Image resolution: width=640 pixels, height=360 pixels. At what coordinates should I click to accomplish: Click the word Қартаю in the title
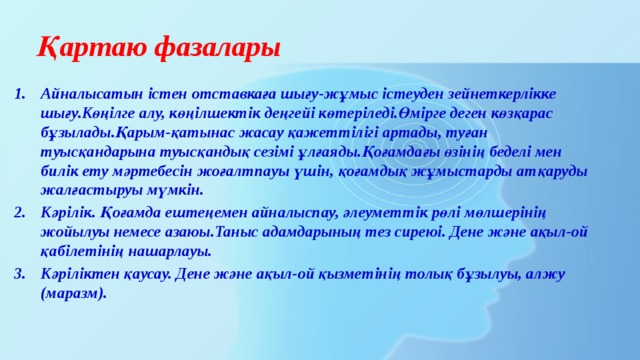pos(86,48)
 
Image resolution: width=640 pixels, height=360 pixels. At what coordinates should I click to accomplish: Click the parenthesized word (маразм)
pos(74,295)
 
